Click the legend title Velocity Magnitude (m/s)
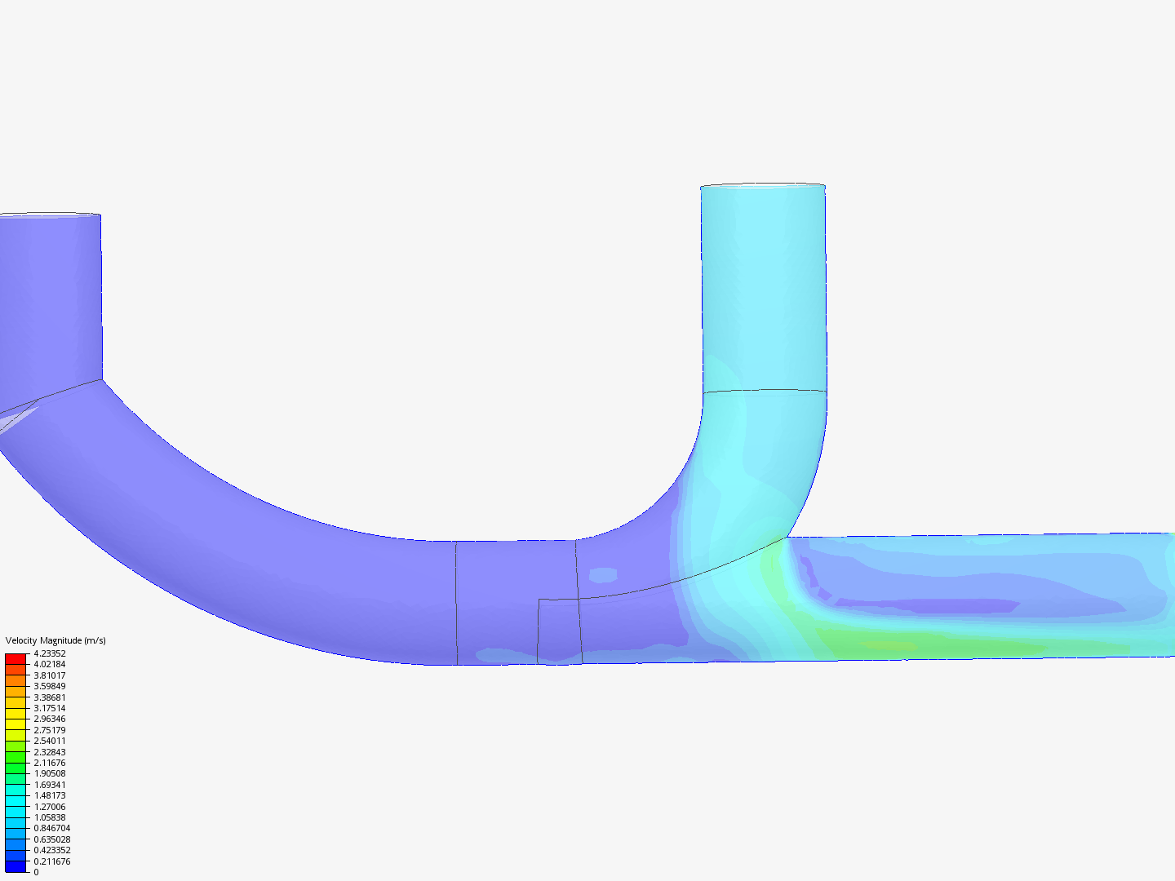[x=55, y=640]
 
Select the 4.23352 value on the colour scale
[x=50, y=653]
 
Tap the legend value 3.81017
[x=50, y=675]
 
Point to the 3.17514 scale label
[x=50, y=708]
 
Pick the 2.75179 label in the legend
[x=50, y=730]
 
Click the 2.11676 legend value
[x=50, y=763]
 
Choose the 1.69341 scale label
[x=50, y=785]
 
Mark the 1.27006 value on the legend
[x=50, y=807]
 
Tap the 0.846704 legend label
[x=51, y=828]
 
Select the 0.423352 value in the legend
[x=51, y=850]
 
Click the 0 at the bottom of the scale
[x=36, y=872]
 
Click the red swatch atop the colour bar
[x=16, y=658]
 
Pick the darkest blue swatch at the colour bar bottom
[x=16, y=866]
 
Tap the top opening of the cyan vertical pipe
[x=762, y=187]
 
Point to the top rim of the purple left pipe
[x=49, y=215]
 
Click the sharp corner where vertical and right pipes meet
[x=787, y=537]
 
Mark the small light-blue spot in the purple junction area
[x=603, y=575]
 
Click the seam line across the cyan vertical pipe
[x=764, y=391]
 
